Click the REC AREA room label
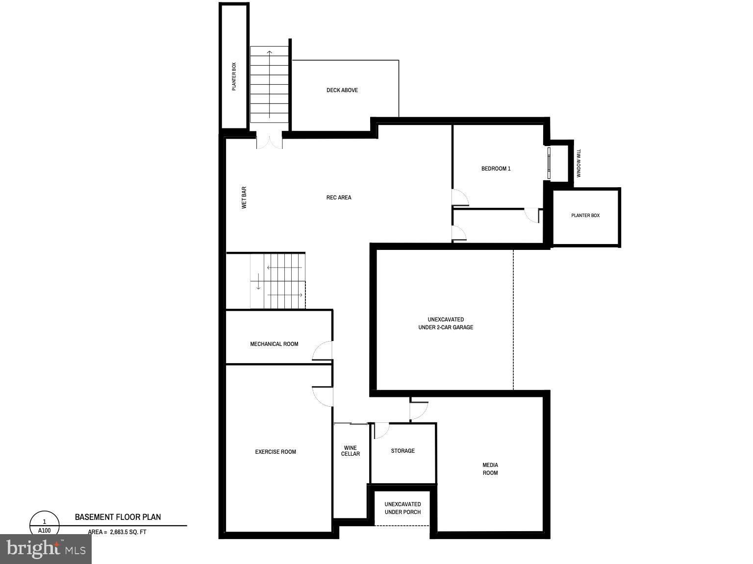tap(339, 197)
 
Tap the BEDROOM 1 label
tap(496, 169)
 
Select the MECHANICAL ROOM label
tap(274, 344)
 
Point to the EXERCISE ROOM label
tap(276, 452)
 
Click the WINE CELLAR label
tap(351, 451)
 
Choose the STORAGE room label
tap(403, 451)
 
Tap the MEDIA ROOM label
tap(490, 469)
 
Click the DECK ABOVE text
tap(342, 90)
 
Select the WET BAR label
tap(244, 197)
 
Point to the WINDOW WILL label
tap(578, 163)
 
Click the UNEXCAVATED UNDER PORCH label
tap(402, 508)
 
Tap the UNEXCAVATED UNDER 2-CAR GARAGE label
tap(446, 323)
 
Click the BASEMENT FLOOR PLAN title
tap(118, 517)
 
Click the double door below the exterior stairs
tap(269, 141)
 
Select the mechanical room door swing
tap(323, 351)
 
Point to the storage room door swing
tap(381, 430)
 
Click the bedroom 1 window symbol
tap(549, 162)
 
